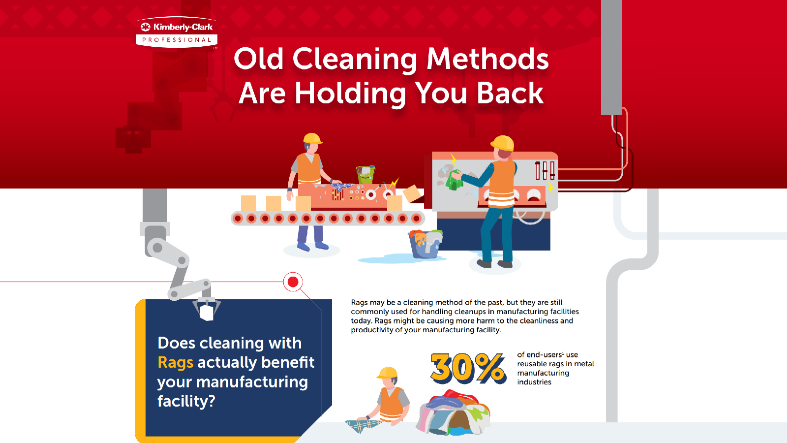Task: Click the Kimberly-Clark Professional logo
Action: (177, 32)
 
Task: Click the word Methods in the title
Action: (487, 59)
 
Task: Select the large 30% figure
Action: (468, 368)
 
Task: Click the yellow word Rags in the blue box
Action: (175, 363)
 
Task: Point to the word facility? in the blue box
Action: (186, 401)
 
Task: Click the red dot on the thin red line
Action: (293, 282)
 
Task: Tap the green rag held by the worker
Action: (454, 180)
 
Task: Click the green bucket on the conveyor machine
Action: (365, 174)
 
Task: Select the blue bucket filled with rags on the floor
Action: (425, 244)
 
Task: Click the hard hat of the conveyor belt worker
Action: (312, 138)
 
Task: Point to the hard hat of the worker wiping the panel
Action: (503, 143)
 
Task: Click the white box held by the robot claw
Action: (207, 312)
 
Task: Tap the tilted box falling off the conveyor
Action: (413, 194)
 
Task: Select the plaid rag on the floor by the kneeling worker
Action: (364, 425)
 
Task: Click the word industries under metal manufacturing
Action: (534, 382)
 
